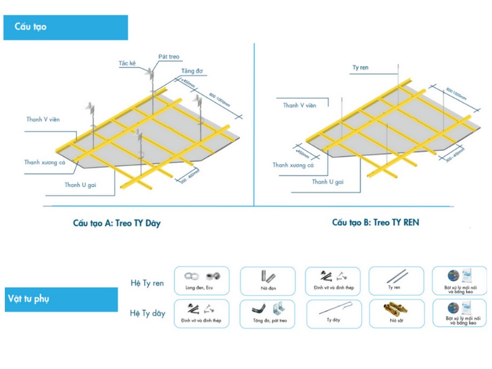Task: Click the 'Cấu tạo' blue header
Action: point(65,27)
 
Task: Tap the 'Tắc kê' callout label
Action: point(127,63)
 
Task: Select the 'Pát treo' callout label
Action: point(169,56)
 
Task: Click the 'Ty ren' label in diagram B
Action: point(360,68)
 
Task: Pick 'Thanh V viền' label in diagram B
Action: point(299,105)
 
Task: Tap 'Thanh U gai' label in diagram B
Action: point(328,182)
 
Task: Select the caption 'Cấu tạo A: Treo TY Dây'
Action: point(117,224)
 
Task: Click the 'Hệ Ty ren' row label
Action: point(148,283)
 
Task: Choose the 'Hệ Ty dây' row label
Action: point(148,313)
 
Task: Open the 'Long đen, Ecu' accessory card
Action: point(201,281)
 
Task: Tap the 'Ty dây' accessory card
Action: point(333,313)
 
